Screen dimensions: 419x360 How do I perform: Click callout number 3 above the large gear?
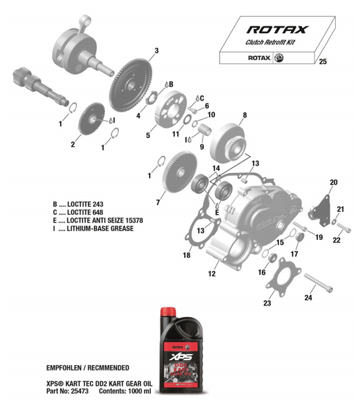pos(156,51)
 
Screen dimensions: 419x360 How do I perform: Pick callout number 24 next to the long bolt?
pos(309,298)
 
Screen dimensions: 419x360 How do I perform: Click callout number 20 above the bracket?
pos(333,183)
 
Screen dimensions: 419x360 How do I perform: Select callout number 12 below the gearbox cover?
pos(211,274)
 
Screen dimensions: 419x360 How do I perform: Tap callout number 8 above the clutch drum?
pos(244,116)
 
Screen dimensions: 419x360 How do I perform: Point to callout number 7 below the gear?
pos(157,202)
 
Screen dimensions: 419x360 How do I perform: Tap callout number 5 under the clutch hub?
pos(148,135)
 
